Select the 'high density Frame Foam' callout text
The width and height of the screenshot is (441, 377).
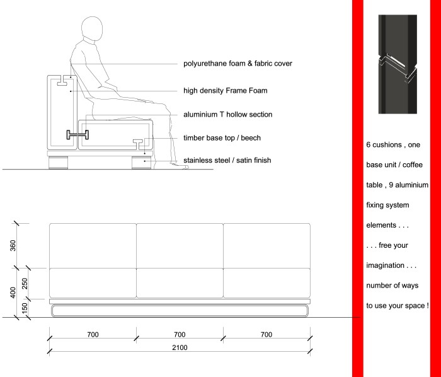click(x=225, y=91)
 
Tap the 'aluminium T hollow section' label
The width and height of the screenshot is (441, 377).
click(x=227, y=115)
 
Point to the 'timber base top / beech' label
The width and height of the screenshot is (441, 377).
click(x=222, y=137)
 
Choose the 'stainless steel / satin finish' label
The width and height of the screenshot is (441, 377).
click(x=227, y=160)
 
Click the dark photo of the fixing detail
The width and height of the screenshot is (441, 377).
click(x=397, y=64)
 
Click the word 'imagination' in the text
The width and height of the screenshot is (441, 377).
click(x=389, y=265)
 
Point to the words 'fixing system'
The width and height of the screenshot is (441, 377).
click(x=387, y=206)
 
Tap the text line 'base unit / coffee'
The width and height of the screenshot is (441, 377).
click(x=397, y=165)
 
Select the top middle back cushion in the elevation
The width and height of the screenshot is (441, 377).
click(x=180, y=245)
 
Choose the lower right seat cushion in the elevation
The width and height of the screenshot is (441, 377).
click(x=266, y=283)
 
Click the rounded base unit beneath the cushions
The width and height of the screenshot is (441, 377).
click(x=179, y=310)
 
